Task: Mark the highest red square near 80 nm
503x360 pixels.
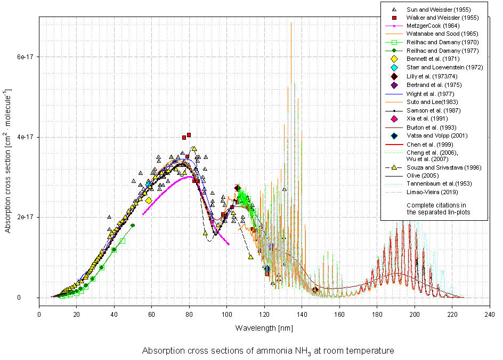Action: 189,135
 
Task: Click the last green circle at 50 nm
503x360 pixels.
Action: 133,225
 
